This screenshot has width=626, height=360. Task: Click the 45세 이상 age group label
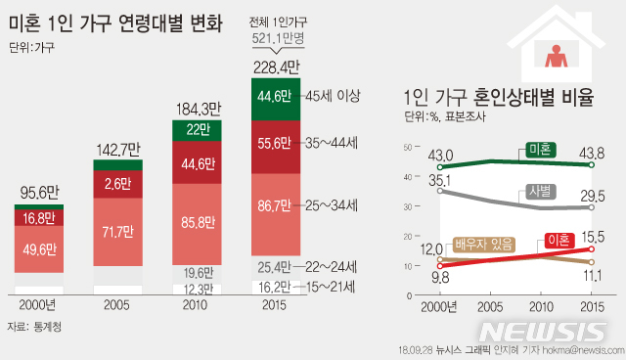click(x=334, y=96)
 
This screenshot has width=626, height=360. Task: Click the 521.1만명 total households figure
click(x=278, y=38)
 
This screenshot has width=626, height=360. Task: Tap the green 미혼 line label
click(x=537, y=149)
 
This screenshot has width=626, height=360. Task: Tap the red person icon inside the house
click(x=559, y=56)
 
